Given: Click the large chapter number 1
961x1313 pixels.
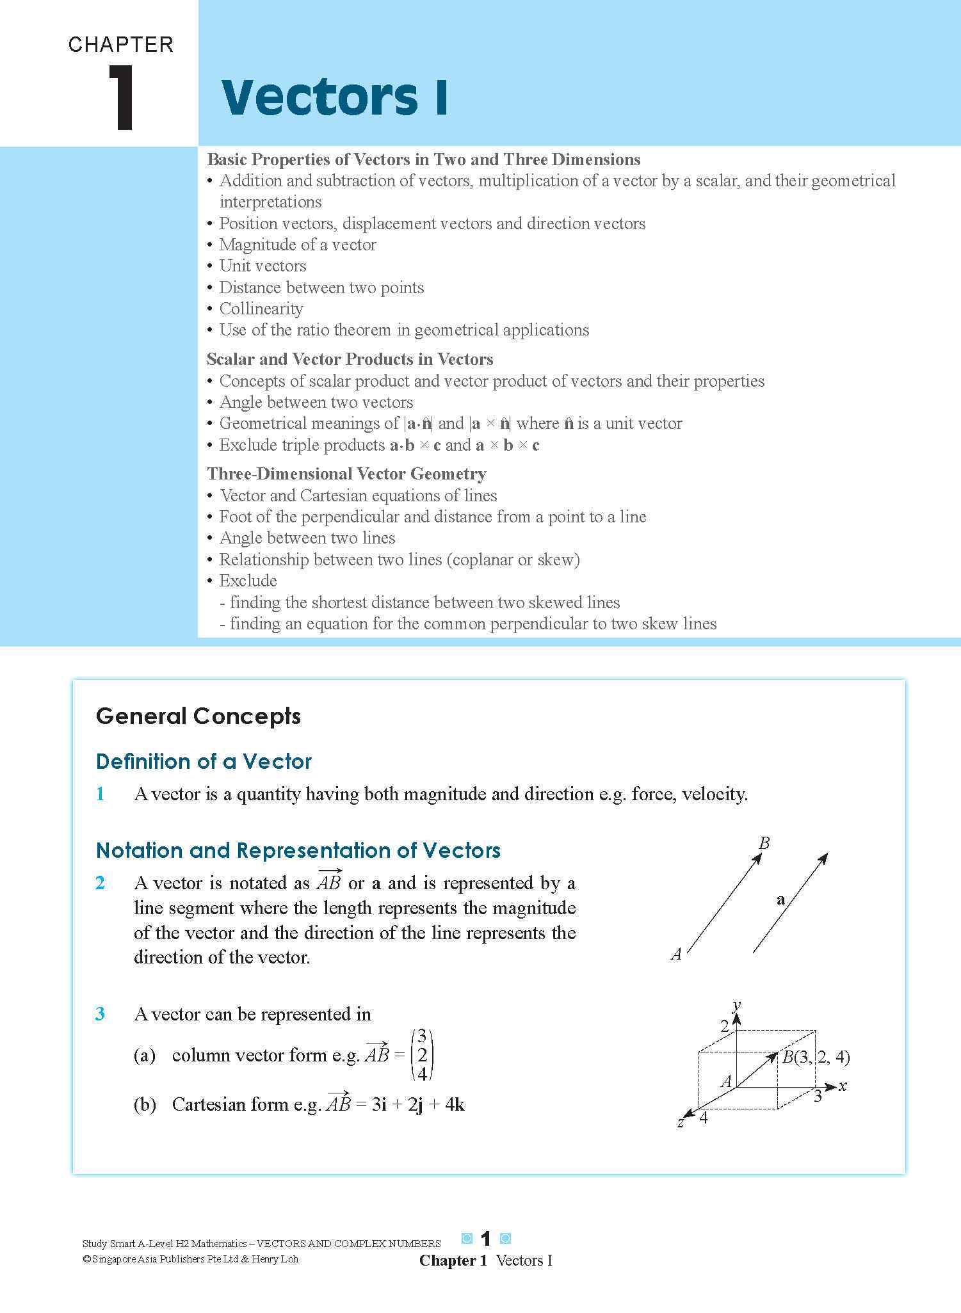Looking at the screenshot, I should tap(121, 98).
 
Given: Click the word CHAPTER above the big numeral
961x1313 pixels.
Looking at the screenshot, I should tap(121, 44).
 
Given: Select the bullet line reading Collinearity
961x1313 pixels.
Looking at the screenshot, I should tap(261, 309).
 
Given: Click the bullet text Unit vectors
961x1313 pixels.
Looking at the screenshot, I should tap(262, 266).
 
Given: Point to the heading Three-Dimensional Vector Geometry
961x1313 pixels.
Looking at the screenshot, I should tap(346, 474).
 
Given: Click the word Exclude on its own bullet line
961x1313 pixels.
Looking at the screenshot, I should tap(248, 581).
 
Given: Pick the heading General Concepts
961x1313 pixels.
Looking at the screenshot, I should tap(198, 716).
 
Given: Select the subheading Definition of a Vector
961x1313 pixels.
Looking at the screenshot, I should tap(204, 761).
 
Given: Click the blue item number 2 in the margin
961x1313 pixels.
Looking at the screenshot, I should tap(101, 883).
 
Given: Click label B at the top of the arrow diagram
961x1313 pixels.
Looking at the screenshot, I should tap(764, 843).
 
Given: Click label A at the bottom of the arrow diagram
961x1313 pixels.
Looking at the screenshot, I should tap(676, 955).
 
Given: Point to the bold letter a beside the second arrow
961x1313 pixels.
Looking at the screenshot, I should tap(780, 899).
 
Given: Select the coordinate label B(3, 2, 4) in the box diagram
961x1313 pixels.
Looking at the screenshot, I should tap(816, 1057).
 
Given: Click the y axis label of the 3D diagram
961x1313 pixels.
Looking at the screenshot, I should tap(738, 1004).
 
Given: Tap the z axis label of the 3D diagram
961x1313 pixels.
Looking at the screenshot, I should tap(681, 1123).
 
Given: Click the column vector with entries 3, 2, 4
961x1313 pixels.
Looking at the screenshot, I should tap(422, 1055).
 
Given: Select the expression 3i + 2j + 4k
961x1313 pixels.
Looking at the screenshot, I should tap(418, 1104).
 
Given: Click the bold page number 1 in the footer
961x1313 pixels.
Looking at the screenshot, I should tap(486, 1239).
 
